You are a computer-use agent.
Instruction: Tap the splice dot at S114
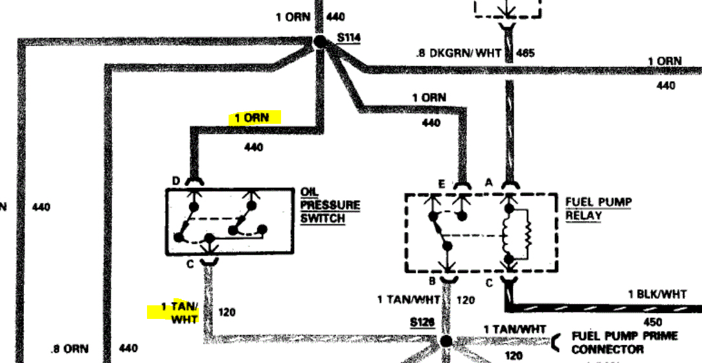click(320, 42)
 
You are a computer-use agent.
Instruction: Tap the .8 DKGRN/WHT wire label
click(458, 53)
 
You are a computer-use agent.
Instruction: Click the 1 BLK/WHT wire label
click(657, 294)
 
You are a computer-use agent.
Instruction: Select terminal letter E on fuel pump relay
click(441, 183)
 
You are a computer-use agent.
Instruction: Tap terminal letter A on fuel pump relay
click(489, 183)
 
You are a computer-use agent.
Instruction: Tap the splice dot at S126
click(446, 340)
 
